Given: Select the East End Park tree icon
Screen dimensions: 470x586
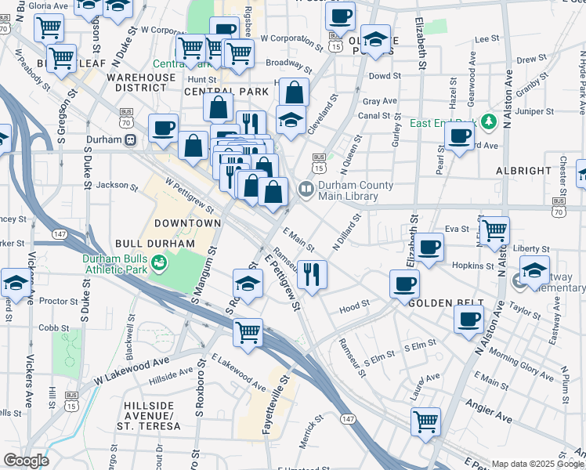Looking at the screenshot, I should click(490, 121).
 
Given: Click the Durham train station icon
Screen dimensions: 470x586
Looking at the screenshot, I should click(131, 139).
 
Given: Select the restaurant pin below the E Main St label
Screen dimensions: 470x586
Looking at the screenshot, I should click(312, 274).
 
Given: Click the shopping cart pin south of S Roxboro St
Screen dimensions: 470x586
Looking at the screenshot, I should click(248, 331).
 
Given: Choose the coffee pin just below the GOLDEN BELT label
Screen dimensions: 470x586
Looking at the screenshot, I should click(468, 320).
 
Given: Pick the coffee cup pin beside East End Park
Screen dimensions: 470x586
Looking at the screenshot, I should click(459, 135).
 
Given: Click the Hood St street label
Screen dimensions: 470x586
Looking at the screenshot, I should click(354, 309).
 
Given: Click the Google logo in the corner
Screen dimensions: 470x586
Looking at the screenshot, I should click(26, 461).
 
